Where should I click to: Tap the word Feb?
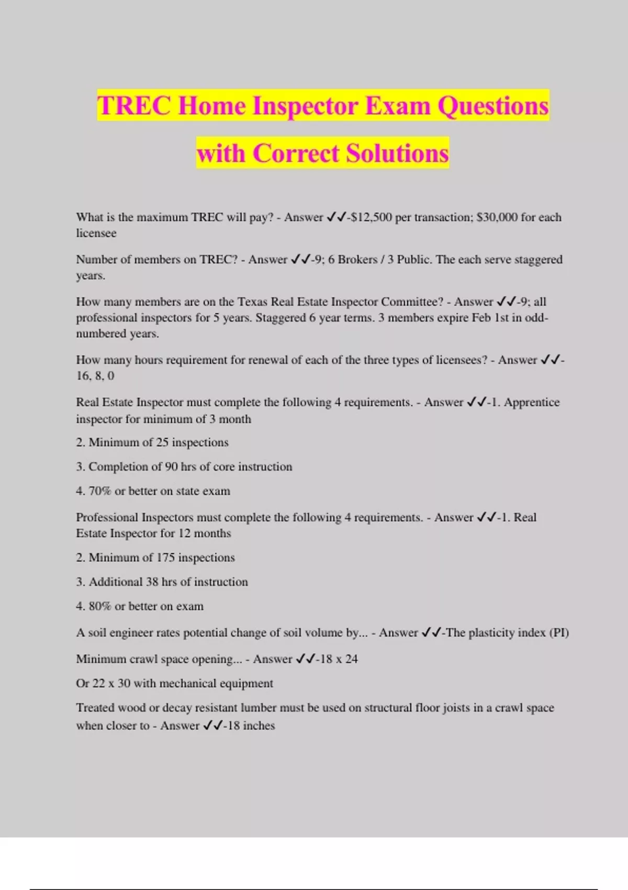481,318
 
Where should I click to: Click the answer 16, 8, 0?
95,376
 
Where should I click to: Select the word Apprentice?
532,403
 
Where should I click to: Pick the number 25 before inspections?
162,442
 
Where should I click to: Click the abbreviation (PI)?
559,633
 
